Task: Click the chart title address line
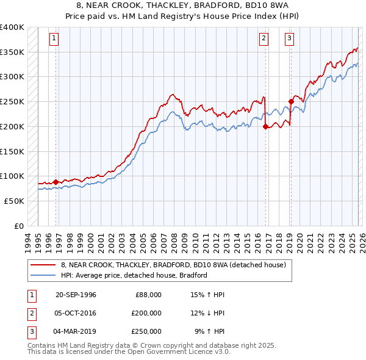(x=182, y=5)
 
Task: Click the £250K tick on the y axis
(x=12, y=101)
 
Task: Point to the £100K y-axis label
(x=12, y=176)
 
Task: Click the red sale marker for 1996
(x=56, y=182)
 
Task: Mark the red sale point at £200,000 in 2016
(x=265, y=127)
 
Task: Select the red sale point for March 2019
(x=290, y=102)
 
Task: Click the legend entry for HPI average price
(x=134, y=275)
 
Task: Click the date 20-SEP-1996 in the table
(x=76, y=295)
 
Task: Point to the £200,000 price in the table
(x=146, y=313)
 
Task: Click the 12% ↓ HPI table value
(x=207, y=313)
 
